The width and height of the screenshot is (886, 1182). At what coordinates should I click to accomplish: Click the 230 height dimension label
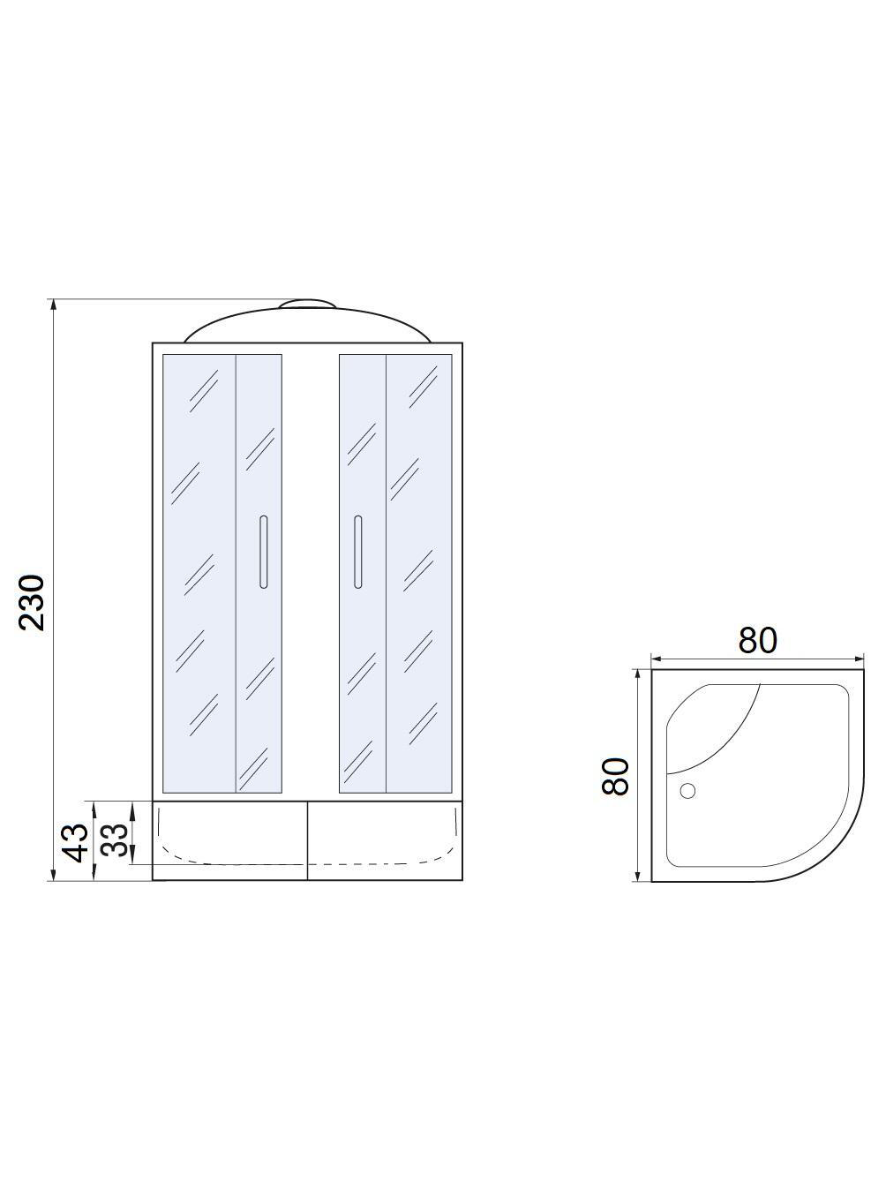coord(31,603)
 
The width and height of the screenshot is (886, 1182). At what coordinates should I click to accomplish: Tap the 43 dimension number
coord(75,843)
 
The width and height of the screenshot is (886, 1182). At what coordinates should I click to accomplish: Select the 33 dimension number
coord(116,840)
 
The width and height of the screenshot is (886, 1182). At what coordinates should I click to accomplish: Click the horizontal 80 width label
coord(758,640)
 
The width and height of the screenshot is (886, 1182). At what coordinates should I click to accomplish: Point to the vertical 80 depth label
coord(615,777)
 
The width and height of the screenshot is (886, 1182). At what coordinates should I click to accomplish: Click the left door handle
coord(263,552)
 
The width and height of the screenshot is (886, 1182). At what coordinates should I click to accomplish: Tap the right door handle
coord(358,552)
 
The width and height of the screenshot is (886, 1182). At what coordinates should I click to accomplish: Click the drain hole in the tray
coord(687,791)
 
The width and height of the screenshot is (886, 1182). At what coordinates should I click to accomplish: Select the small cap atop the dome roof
coord(307,304)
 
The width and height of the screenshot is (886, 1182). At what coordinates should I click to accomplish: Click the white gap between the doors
coord(311,573)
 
